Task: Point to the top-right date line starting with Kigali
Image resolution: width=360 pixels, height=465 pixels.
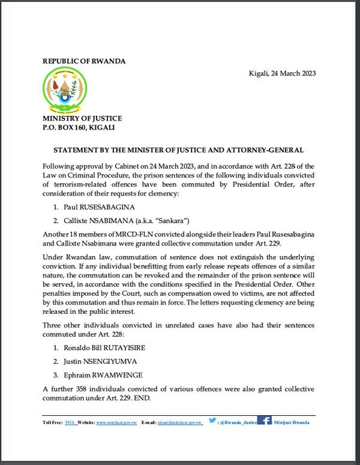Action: pos(282,74)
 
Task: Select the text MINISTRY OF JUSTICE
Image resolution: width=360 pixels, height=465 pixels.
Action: pos(82,118)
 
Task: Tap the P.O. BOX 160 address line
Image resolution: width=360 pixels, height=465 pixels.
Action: pos(79,127)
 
